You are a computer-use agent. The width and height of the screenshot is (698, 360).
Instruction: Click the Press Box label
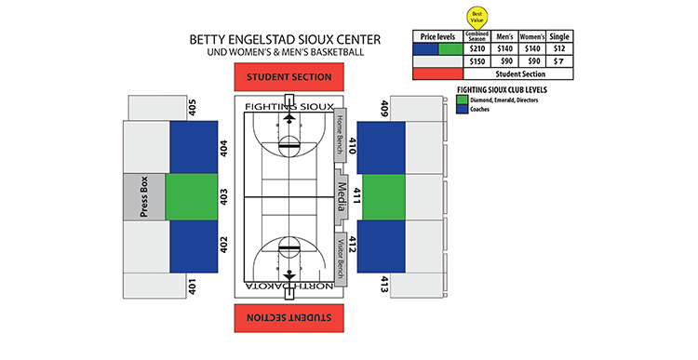144,196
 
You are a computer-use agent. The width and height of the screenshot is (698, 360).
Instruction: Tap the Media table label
342,196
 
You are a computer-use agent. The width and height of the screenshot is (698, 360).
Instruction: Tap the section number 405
192,107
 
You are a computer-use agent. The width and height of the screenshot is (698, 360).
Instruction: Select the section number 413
383,285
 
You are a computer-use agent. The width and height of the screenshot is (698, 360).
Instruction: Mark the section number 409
383,109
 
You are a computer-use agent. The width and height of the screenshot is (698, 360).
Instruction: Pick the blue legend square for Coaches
463,109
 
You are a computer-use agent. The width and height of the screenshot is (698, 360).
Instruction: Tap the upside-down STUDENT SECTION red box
289,316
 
